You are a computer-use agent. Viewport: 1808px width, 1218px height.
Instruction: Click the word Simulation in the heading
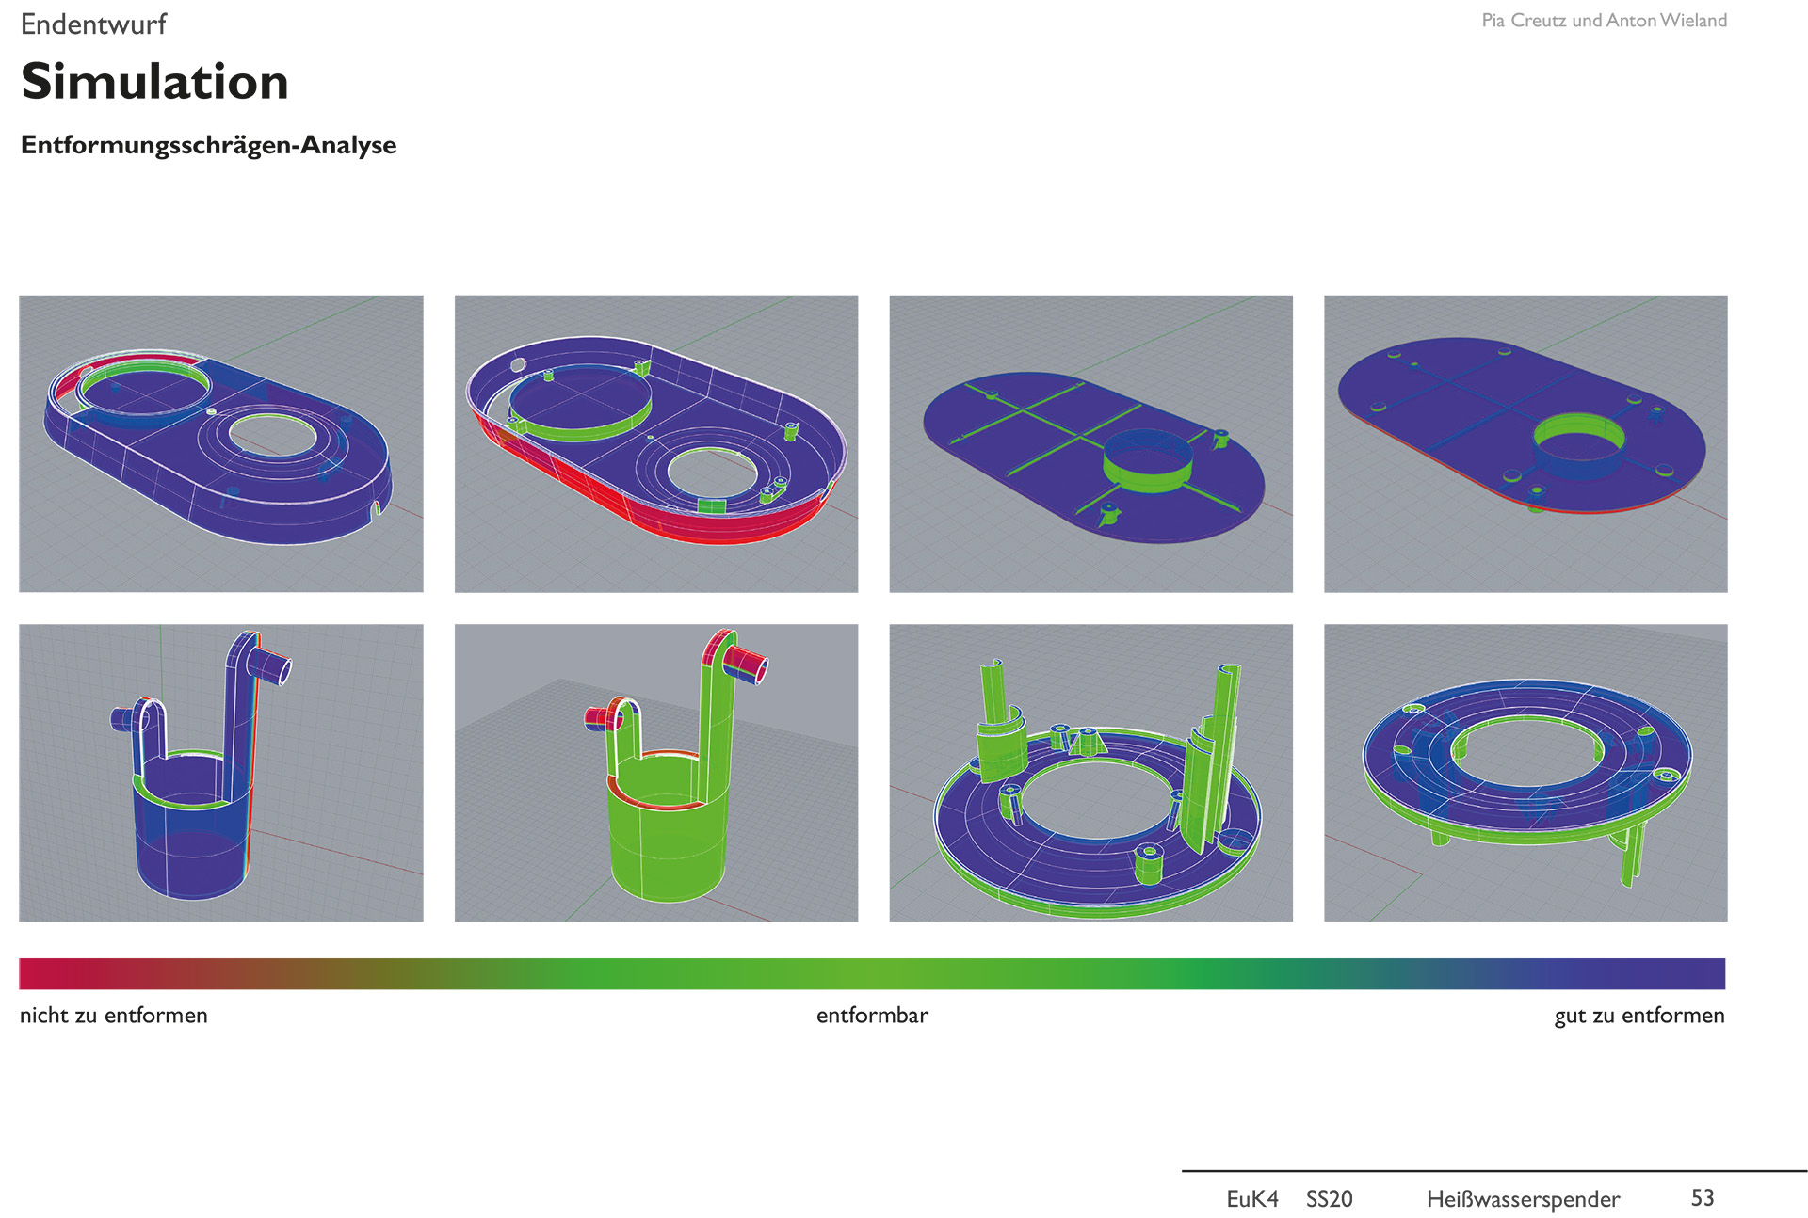(x=154, y=81)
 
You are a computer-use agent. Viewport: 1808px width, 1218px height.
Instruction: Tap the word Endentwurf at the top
(x=93, y=24)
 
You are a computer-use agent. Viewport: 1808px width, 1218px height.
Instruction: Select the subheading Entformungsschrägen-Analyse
(x=208, y=145)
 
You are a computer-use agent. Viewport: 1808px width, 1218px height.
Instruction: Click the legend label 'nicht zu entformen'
(x=114, y=1015)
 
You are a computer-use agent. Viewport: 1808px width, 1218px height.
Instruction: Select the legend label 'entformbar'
(x=872, y=1015)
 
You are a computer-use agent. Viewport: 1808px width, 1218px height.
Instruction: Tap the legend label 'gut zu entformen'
(x=1639, y=1016)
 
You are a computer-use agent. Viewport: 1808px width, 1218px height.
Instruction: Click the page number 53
(x=1703, y=1197)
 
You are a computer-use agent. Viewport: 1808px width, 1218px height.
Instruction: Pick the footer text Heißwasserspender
(x=1523, y=1199)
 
